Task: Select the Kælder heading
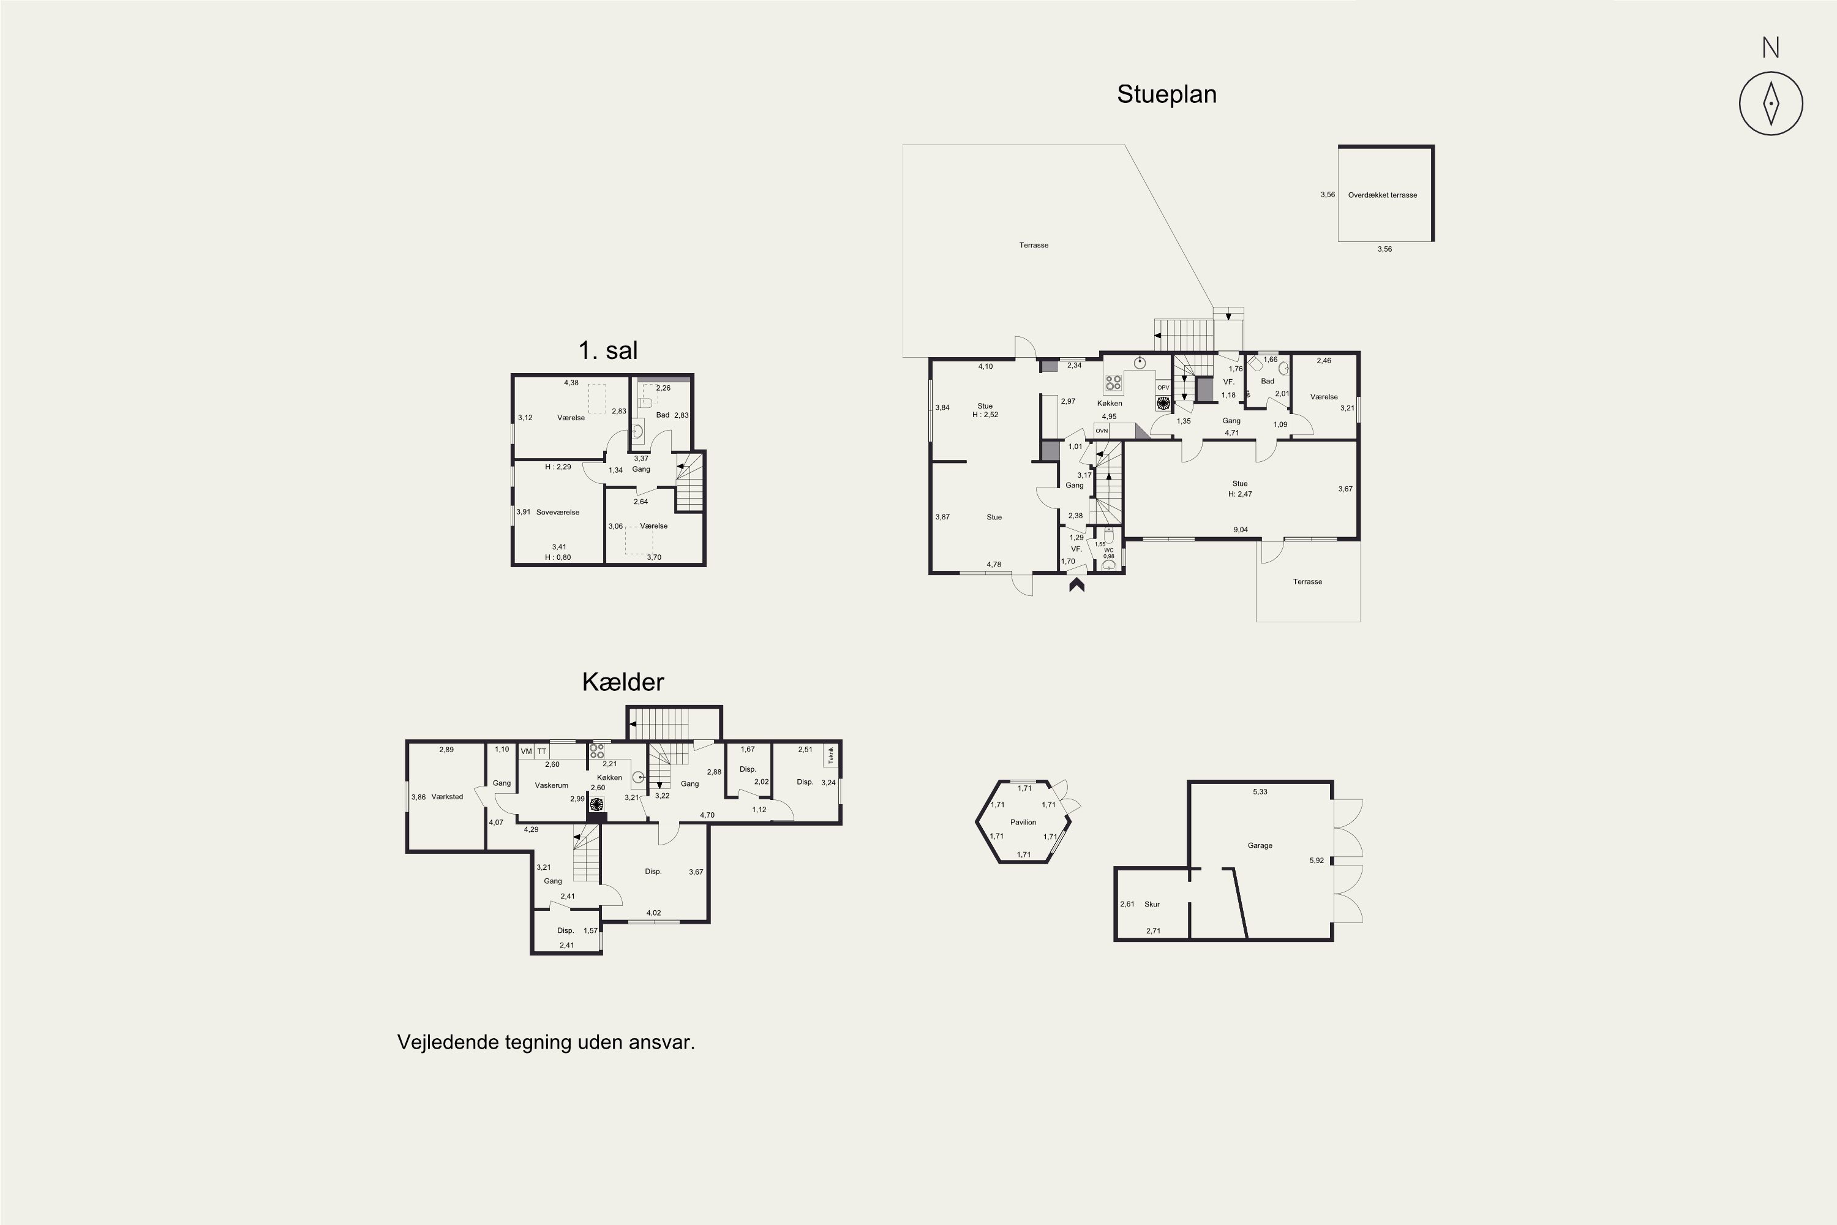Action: coord(623,682)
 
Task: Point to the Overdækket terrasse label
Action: coord(1383,195)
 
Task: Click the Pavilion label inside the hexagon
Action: coord(1023,822)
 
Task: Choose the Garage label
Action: coord(1260,845)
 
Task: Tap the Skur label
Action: coord(1152,904)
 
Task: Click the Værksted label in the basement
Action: coord(447,797)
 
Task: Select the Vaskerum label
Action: coord(552,785)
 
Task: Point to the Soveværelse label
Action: coord(558,513)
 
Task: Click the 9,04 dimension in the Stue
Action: coord(1241,530)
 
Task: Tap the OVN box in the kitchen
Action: coord(1101,431)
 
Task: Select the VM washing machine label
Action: coord(527,752)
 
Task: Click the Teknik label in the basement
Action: coord(831,755)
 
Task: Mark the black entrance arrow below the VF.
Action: coord(1076,584)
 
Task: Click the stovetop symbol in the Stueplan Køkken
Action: coord(1113,383)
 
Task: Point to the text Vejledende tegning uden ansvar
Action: coord(546,1043)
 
